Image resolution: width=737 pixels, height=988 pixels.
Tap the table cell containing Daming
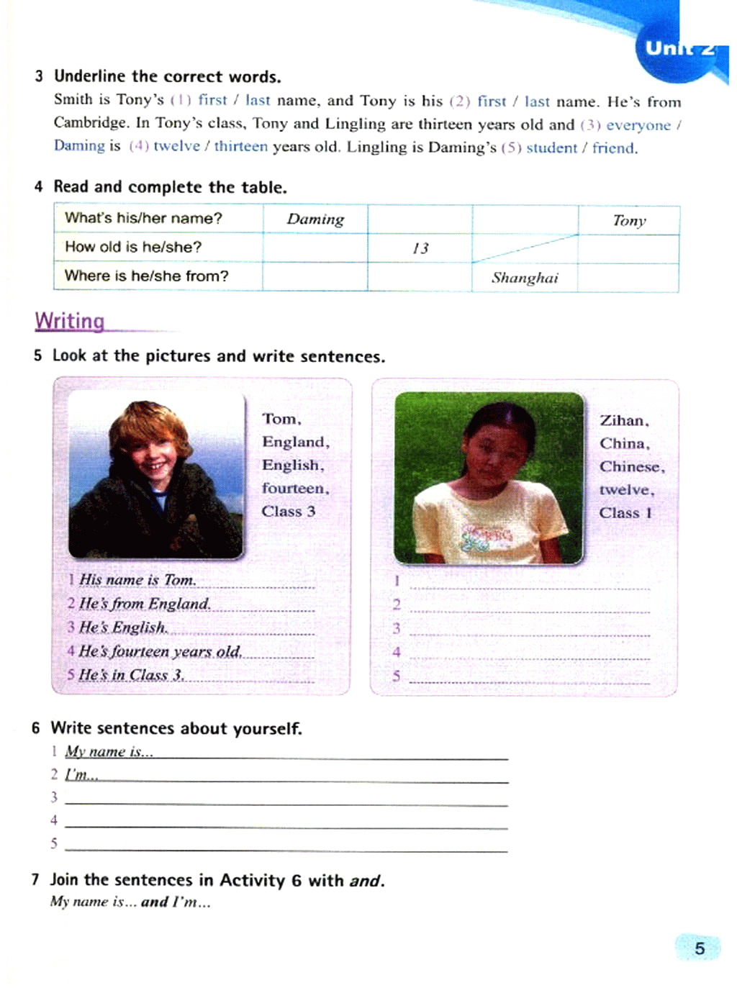pyautogui.click(x=315, y=219)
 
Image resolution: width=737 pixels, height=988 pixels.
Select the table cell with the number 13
pyautogui.click(x=420, y=248)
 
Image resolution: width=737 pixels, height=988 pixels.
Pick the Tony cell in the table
pyautogui.click(x=629, y=221)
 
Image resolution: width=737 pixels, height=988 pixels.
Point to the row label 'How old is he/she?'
pyautogui.click(x=133, y=247)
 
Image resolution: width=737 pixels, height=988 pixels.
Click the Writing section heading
pyautogui.click(x=70, y=321)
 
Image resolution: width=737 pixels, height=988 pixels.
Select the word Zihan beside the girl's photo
pyautogui.click(x=624, y=421)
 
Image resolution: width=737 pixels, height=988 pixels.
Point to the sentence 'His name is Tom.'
pyautogui.click(x=137, y=580)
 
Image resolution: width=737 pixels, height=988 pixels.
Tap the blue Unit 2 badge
pyautogui.click(x=678, y=47)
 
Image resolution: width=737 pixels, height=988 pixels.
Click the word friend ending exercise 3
pyautogui.click(x=613, y=148)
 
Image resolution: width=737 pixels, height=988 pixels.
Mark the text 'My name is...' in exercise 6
pyautogui.click(x=109, y=752)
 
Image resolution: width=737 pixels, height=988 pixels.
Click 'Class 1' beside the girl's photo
pyautogui.click(x=625, y=513)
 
